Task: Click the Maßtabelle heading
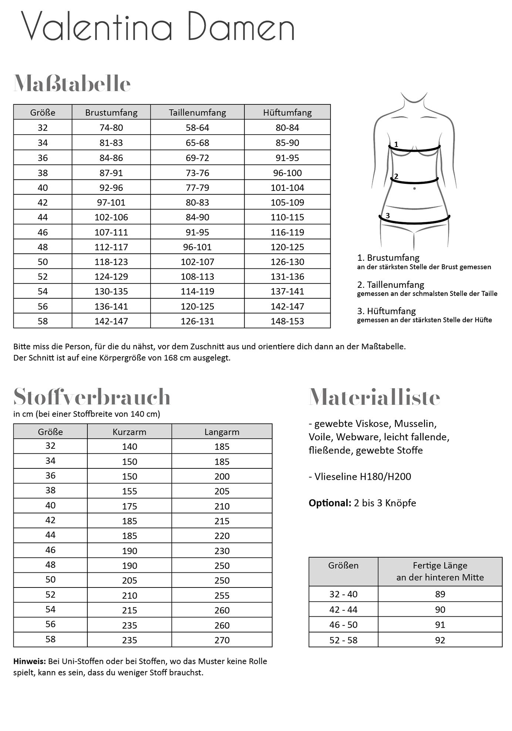[72, 84]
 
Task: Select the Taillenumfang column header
[197, 112]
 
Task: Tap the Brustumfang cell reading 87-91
[111, 173]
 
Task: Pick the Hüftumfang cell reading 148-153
[287, 321]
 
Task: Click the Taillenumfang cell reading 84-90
[197, 217]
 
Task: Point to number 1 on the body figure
[396, 144]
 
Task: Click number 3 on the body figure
[388, 215]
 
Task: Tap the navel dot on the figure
[414, 189]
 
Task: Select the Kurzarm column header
[129, 432]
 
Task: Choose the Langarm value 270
[222, 640]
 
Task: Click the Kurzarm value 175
[129, 506]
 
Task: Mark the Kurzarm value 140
[129, 447]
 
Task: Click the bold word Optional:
[330, 503]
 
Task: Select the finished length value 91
[440, 625]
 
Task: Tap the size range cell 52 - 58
[343, 640]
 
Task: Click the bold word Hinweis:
[30, 661]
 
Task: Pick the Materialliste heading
[374, 397]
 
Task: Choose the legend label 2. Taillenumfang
[391, 285]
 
